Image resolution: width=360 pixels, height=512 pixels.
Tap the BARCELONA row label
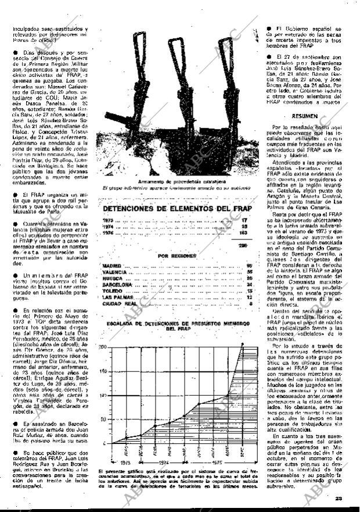[116, 284]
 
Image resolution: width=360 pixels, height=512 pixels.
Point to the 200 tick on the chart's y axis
[102, 346]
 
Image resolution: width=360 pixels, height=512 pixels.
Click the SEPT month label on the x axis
[243, 452]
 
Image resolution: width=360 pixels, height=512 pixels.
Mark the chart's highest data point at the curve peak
[242, 344]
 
